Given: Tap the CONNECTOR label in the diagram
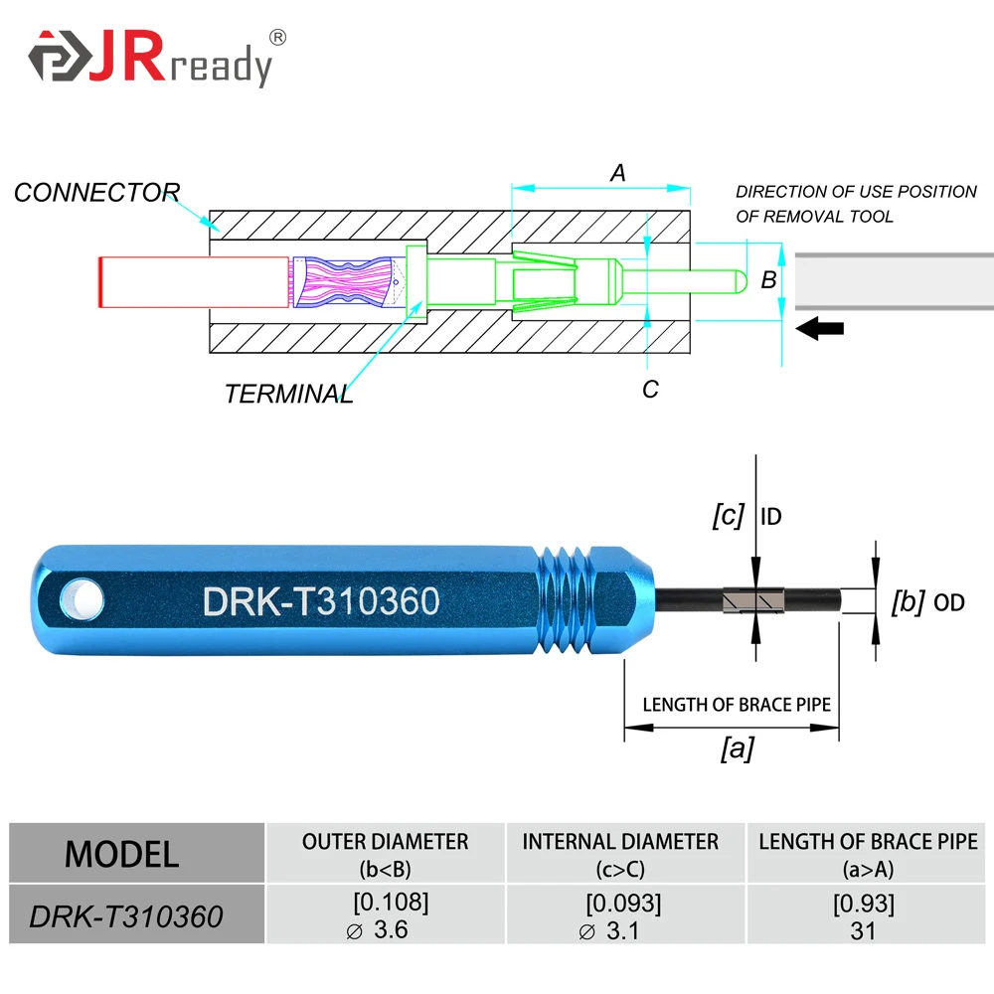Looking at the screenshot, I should [x=96, y=192].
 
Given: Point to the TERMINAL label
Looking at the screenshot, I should [x=288, y=394].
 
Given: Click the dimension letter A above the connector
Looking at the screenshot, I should [x=618, y=173].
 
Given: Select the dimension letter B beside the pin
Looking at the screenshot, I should [x=768, y=280].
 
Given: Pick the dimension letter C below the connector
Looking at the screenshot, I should [x=650, y=389].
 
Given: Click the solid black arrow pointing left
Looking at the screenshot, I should [x=820, y=328].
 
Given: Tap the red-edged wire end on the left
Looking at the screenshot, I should [x=103, y=281].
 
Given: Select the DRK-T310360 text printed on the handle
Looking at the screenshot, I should [x=321, y=600].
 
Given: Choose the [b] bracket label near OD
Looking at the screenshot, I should [x=909, y=600].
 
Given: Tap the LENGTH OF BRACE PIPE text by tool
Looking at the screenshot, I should [x=736, y=705].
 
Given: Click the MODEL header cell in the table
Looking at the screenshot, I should [x=122, y=854].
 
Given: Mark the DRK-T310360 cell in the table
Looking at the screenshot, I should [x=126, y=915].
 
